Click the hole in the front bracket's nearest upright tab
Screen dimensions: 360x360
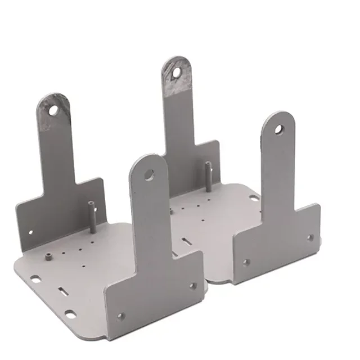pos(149,174)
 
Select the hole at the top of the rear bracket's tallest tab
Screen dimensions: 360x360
pos(177,72)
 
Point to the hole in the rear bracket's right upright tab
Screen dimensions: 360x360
pos(278,130)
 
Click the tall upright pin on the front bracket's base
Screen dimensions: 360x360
pos(91,217)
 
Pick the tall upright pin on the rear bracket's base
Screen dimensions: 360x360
pos(208,176)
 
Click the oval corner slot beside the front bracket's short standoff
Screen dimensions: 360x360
pos(35,278)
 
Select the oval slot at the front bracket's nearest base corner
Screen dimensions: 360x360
pos(70,313)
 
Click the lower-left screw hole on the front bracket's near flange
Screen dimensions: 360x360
pos(120,316)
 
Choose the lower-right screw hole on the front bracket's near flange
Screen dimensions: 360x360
pos(193,286)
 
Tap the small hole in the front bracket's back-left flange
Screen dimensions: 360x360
pos(30,231)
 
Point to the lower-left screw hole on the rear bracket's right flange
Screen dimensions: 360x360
pos(245,262)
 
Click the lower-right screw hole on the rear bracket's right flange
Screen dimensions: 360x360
pos(310,237)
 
